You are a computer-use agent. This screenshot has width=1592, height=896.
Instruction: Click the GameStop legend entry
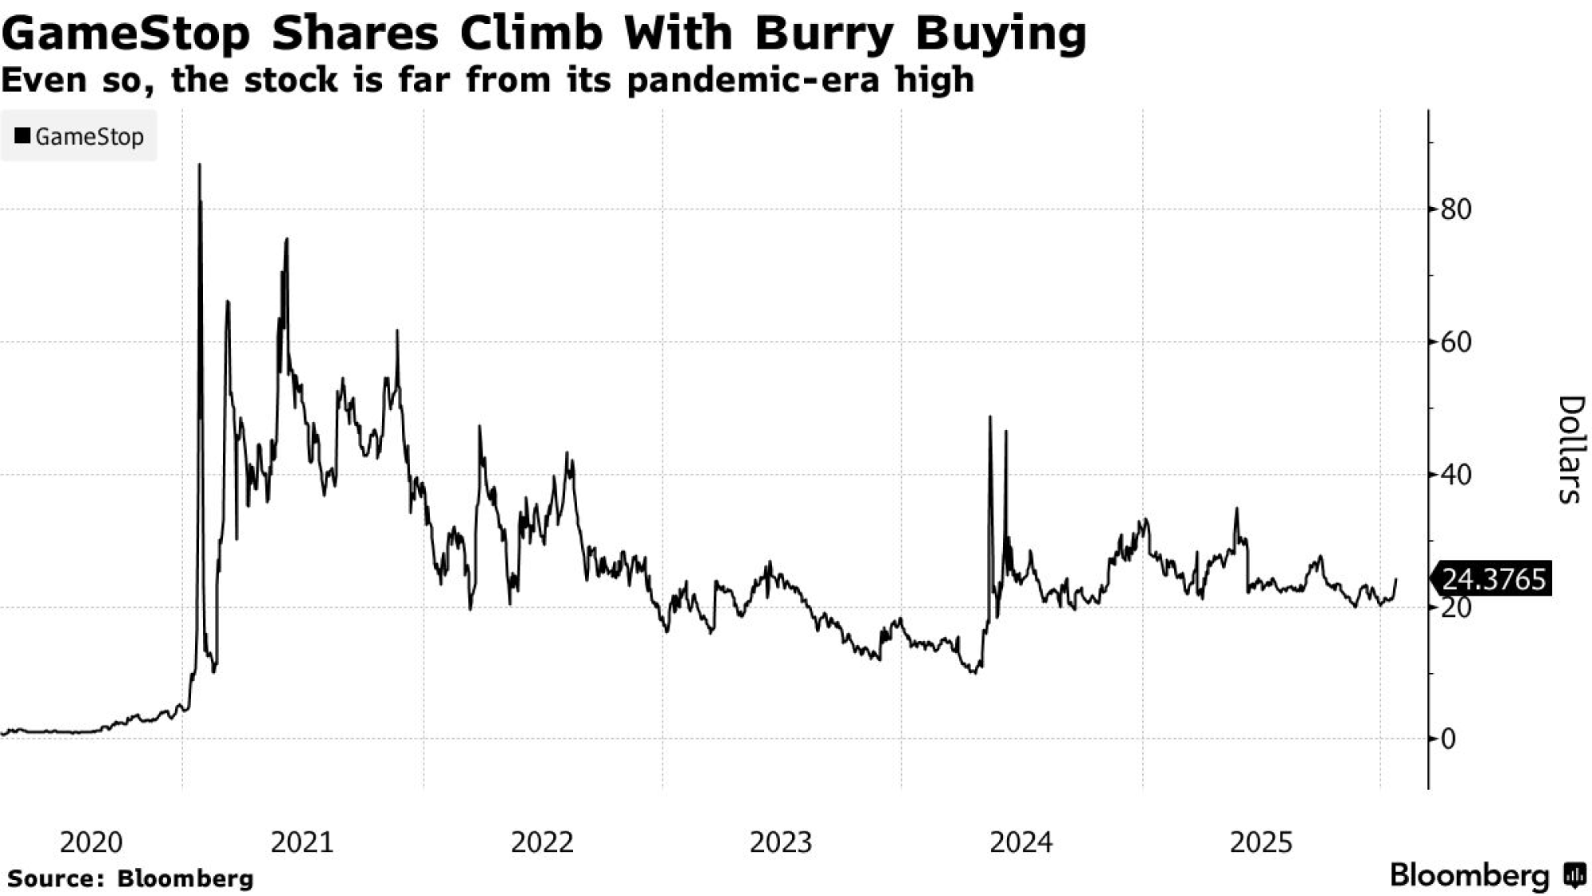(80, 137)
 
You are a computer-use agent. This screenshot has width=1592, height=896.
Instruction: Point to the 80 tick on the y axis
(1456, 209)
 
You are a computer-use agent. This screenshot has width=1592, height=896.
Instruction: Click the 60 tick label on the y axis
(1456, 342)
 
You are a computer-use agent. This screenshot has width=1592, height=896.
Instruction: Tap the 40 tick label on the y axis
(1456, 475)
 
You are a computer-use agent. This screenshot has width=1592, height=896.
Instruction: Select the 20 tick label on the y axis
(1456, 608)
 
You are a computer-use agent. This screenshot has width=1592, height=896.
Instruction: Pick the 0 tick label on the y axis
(1448, 739)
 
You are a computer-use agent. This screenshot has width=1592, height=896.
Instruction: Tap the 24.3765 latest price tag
(1493, 579)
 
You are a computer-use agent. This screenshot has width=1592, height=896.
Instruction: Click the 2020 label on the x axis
(92, 842)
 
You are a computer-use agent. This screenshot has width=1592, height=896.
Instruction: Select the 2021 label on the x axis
(302, 842)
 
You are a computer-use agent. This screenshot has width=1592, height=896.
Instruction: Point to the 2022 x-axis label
(542, 842)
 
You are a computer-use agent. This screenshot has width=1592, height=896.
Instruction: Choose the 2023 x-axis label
(781, 842)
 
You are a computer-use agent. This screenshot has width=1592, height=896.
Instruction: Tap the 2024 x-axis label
(1021, 842)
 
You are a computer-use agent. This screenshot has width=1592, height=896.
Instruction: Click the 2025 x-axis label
(1261, 842)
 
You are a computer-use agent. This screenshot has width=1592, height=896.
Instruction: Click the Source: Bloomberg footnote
(131, 878)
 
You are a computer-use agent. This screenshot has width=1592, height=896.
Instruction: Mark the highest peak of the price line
(199, 165)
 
